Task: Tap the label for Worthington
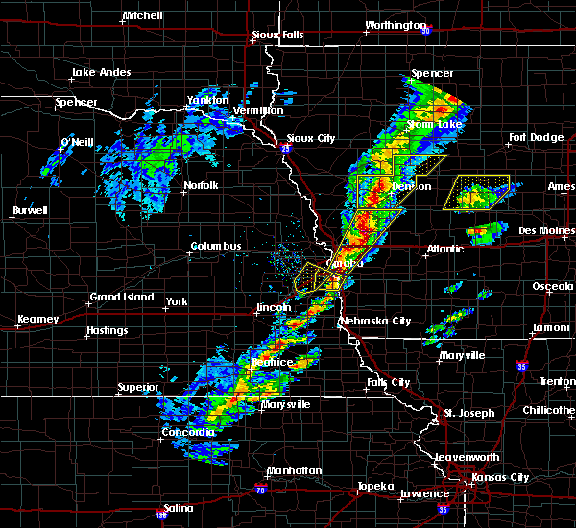(396, 25)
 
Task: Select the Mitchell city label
(142, 17)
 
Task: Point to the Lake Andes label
(100, 73)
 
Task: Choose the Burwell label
(30, 210)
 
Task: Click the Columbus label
(215, 247)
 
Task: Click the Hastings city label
(106, 331)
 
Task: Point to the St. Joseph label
(469, 414)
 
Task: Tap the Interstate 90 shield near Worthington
(423, 27)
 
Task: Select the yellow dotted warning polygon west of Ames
(476, 193)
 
